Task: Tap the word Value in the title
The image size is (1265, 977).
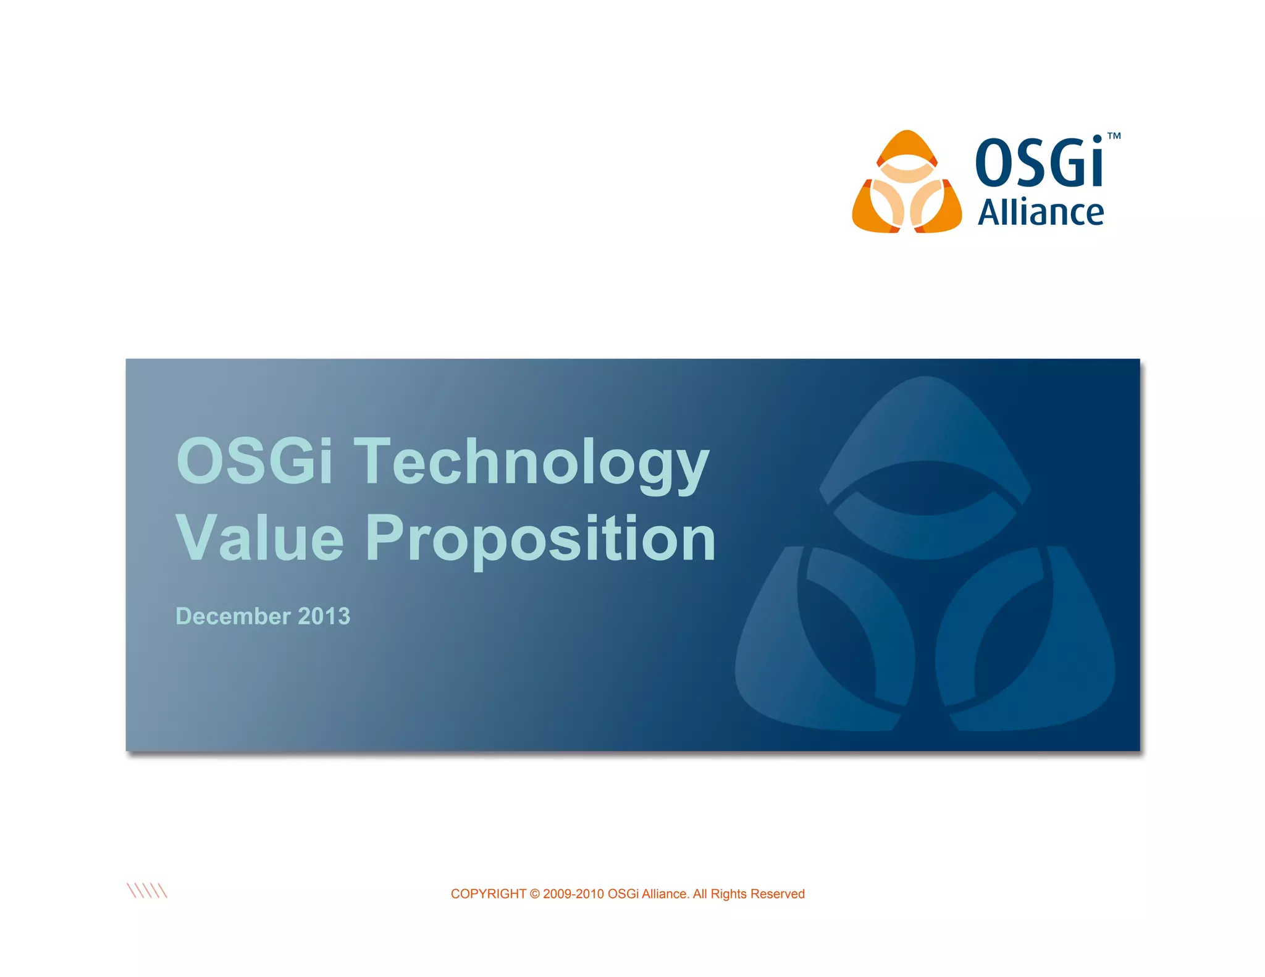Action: (259, 539)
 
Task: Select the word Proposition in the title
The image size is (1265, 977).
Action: (540, 539)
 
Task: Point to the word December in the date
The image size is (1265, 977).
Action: (233, 616)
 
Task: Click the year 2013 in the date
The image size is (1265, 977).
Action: (324, 616)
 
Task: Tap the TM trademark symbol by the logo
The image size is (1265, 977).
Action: (1114, 136)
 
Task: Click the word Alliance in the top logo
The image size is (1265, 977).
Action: (1041, 213)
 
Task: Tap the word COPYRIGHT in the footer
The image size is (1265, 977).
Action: (488, 894)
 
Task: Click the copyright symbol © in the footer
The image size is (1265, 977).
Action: (535, 894)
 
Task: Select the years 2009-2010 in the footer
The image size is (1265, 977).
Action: (573, 894)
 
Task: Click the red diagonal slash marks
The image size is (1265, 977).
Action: (147, 891)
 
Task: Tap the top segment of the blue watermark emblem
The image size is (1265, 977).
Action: (925, 426)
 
